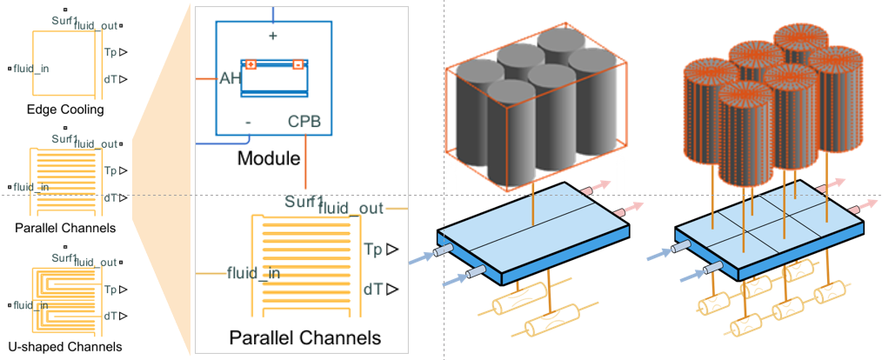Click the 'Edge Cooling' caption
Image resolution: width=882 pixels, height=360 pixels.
(x=65, y=110)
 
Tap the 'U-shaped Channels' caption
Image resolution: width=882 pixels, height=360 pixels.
(x=65, y=346)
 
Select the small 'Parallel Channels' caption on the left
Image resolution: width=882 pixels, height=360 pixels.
(x=65, y=229)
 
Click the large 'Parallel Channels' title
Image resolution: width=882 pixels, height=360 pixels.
(x=305, y=338)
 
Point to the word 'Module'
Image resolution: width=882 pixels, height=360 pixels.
(x=268, y=158)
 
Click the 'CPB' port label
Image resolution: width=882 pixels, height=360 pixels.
(x=304, y=122)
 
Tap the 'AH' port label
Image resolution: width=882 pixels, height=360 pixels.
(x=230, y=79)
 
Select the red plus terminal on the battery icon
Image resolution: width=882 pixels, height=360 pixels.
(x=251, y=64)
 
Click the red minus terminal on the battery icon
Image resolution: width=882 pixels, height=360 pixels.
(x=298, y=64)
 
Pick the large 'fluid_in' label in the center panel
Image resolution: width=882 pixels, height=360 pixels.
(x=254, y=273)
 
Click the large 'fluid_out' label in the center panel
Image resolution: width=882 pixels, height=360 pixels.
(x=351, y=208)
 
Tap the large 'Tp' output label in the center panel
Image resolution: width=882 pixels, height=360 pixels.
(x=375, y=248)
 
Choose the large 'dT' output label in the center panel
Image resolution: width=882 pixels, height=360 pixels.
(x=374, y=289)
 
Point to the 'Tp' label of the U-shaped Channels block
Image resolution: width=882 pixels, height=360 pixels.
(x=110, y=289)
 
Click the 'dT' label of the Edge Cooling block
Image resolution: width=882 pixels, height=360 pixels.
(x=110, y=79)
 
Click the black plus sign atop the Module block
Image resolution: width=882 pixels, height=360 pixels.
(x=273, y=36)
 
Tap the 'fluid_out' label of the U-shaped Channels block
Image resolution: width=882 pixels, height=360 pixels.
(x=97, y=263)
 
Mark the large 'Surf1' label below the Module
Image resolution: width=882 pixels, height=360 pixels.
(x=304, y=202)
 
